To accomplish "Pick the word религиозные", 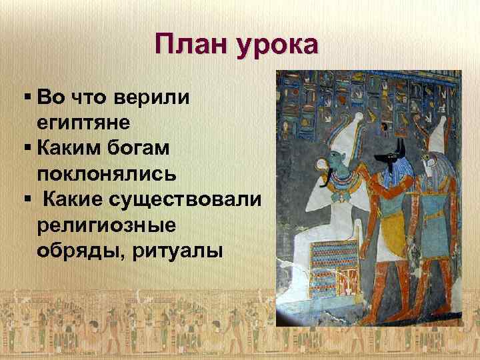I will (107, 225).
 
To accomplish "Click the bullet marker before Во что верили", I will (26, 97).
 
